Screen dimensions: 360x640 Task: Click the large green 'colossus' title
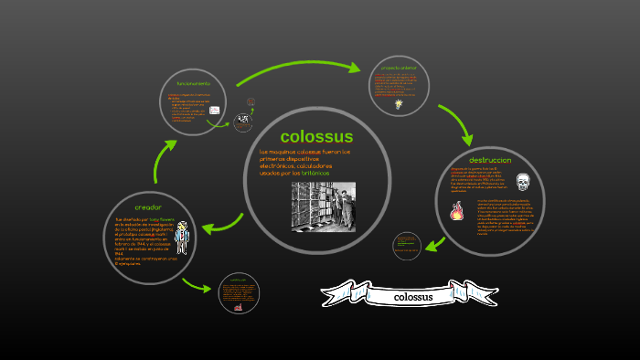click(x=316, y=137)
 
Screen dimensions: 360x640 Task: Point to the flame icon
click(x=456, y=212)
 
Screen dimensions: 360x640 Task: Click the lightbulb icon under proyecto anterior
click(x=398, y=104)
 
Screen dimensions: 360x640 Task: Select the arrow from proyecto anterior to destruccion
click(x=455, y=123)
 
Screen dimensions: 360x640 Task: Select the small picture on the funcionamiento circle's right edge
click(x=242, y=122)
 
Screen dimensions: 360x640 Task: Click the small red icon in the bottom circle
click(x=238, y=307)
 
